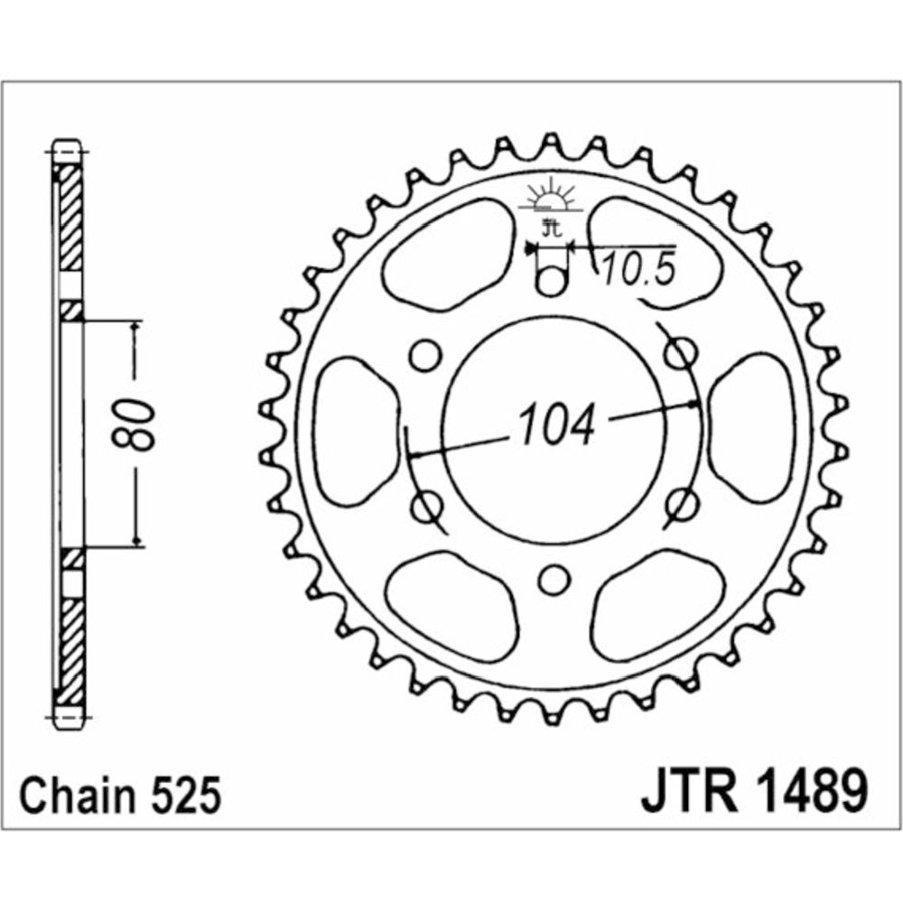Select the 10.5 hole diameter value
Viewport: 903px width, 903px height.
click(x=638, y=269)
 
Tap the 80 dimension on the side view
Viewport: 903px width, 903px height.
click(x=134, y=424)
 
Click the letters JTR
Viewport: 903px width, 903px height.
click(x=690, y=794)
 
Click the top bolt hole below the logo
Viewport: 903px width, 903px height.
click(x=552, y=282)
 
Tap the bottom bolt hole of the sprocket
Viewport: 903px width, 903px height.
click(x=554, y=580)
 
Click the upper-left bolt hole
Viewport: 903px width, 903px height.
click(x=425, y=355)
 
